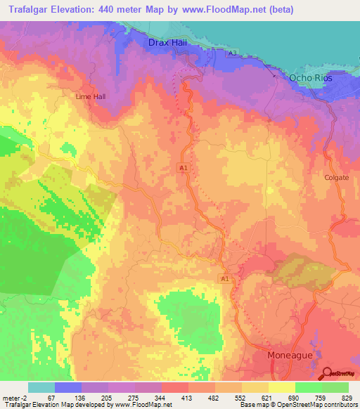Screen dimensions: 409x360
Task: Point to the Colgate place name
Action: (336, 178)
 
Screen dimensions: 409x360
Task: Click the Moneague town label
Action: (290, 356)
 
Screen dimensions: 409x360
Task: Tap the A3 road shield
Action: (232, 54)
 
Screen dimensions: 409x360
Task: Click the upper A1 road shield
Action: (183, 167)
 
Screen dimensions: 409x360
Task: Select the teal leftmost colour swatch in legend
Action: (41, 387)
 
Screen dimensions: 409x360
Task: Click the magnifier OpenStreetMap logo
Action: (327, 372)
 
